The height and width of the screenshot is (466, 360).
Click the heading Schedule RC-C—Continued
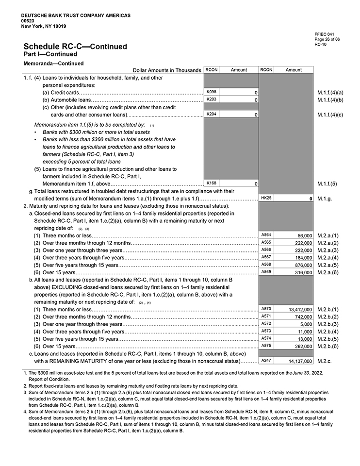point(75,47)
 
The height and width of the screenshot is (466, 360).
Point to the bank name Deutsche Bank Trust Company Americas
point(76,16)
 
